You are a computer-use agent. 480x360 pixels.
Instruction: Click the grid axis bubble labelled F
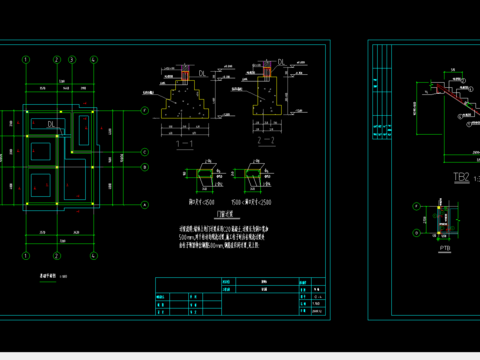pos(145,109)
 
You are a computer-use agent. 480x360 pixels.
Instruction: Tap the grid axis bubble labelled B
pos(145,169)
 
